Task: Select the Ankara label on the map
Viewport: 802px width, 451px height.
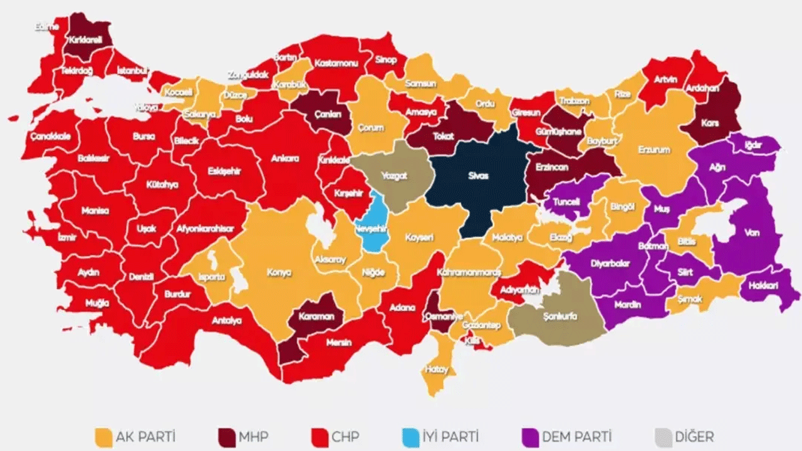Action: click(285, 159)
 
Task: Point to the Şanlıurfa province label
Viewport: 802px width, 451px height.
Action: click(560, 316)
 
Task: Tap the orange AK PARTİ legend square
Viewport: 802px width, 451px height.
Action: click(102, 437)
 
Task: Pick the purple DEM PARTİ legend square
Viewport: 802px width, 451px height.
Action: click(529, 437)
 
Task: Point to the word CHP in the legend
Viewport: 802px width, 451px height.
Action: click(346, 437)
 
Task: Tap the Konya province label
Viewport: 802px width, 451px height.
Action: click(279, 273)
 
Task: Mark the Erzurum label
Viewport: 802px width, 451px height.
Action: click(654, 150)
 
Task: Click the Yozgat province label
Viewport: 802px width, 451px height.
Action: click(395, 176)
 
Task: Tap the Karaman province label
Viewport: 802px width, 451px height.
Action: click(317, 317)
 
